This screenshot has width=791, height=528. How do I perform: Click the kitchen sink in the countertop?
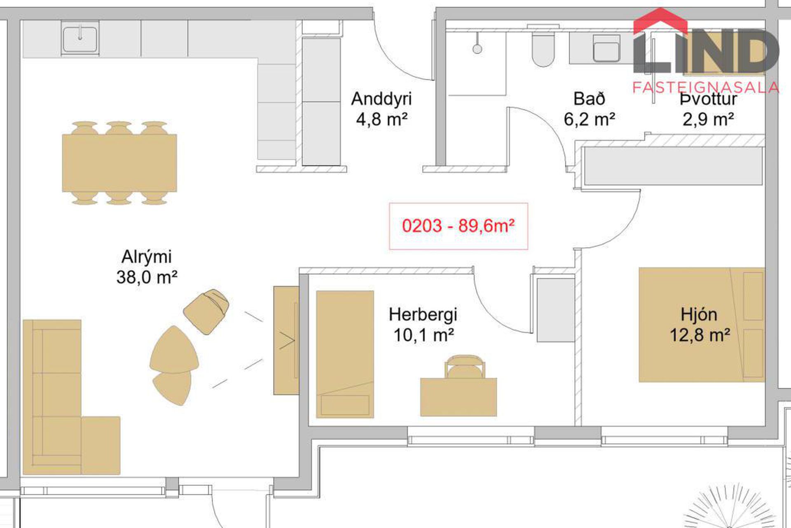[80, 39]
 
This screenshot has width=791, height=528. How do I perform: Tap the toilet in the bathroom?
[543, 47]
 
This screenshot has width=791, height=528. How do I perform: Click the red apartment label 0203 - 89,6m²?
[458, 226]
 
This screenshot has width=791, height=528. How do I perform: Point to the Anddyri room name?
[381, 99]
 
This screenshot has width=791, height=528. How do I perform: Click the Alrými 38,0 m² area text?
[147, 267]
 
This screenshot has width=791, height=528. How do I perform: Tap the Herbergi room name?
[423, 315]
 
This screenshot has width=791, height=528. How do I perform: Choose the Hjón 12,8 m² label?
[699, 325]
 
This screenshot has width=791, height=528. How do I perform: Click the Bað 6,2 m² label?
[589, 109]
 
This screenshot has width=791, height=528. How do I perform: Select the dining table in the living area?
[119, 163]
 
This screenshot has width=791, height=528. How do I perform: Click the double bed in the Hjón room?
[702, 325]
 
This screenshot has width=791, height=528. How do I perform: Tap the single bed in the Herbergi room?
[345, 354]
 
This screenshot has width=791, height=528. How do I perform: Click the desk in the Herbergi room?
[458, 397]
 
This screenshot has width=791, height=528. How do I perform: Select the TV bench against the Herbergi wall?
[286, 340]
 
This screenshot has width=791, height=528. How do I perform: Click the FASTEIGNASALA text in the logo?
[706, 87]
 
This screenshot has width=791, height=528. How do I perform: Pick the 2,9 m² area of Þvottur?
[708, 120]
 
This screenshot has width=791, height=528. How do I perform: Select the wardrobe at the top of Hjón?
[674, 166]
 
